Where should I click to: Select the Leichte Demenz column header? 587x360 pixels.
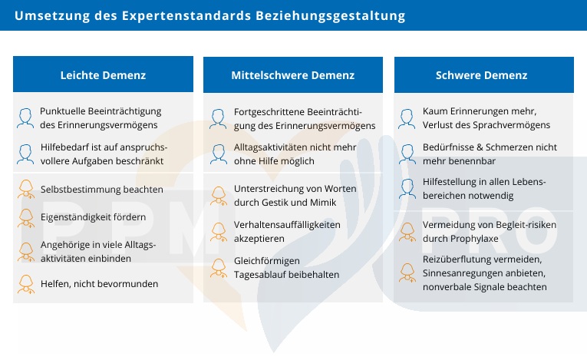(x=103, y=75)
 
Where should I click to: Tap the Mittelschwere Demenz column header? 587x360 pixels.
(x=292, y=75)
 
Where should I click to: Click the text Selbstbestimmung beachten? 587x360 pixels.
(x=101, y=189)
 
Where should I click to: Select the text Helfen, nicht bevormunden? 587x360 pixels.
(x=99, y=283)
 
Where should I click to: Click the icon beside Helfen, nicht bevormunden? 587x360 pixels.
(x=26, y=283)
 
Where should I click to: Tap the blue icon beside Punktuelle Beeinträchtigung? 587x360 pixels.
(x=26, y=117)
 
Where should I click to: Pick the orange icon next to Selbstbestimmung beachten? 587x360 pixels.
(x=26, y=189)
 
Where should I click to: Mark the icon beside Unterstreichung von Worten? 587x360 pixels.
(x=219, y=195)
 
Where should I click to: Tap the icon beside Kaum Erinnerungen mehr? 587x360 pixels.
(x=407, y=117)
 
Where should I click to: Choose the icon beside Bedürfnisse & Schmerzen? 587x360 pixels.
(x=407, y=153)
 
